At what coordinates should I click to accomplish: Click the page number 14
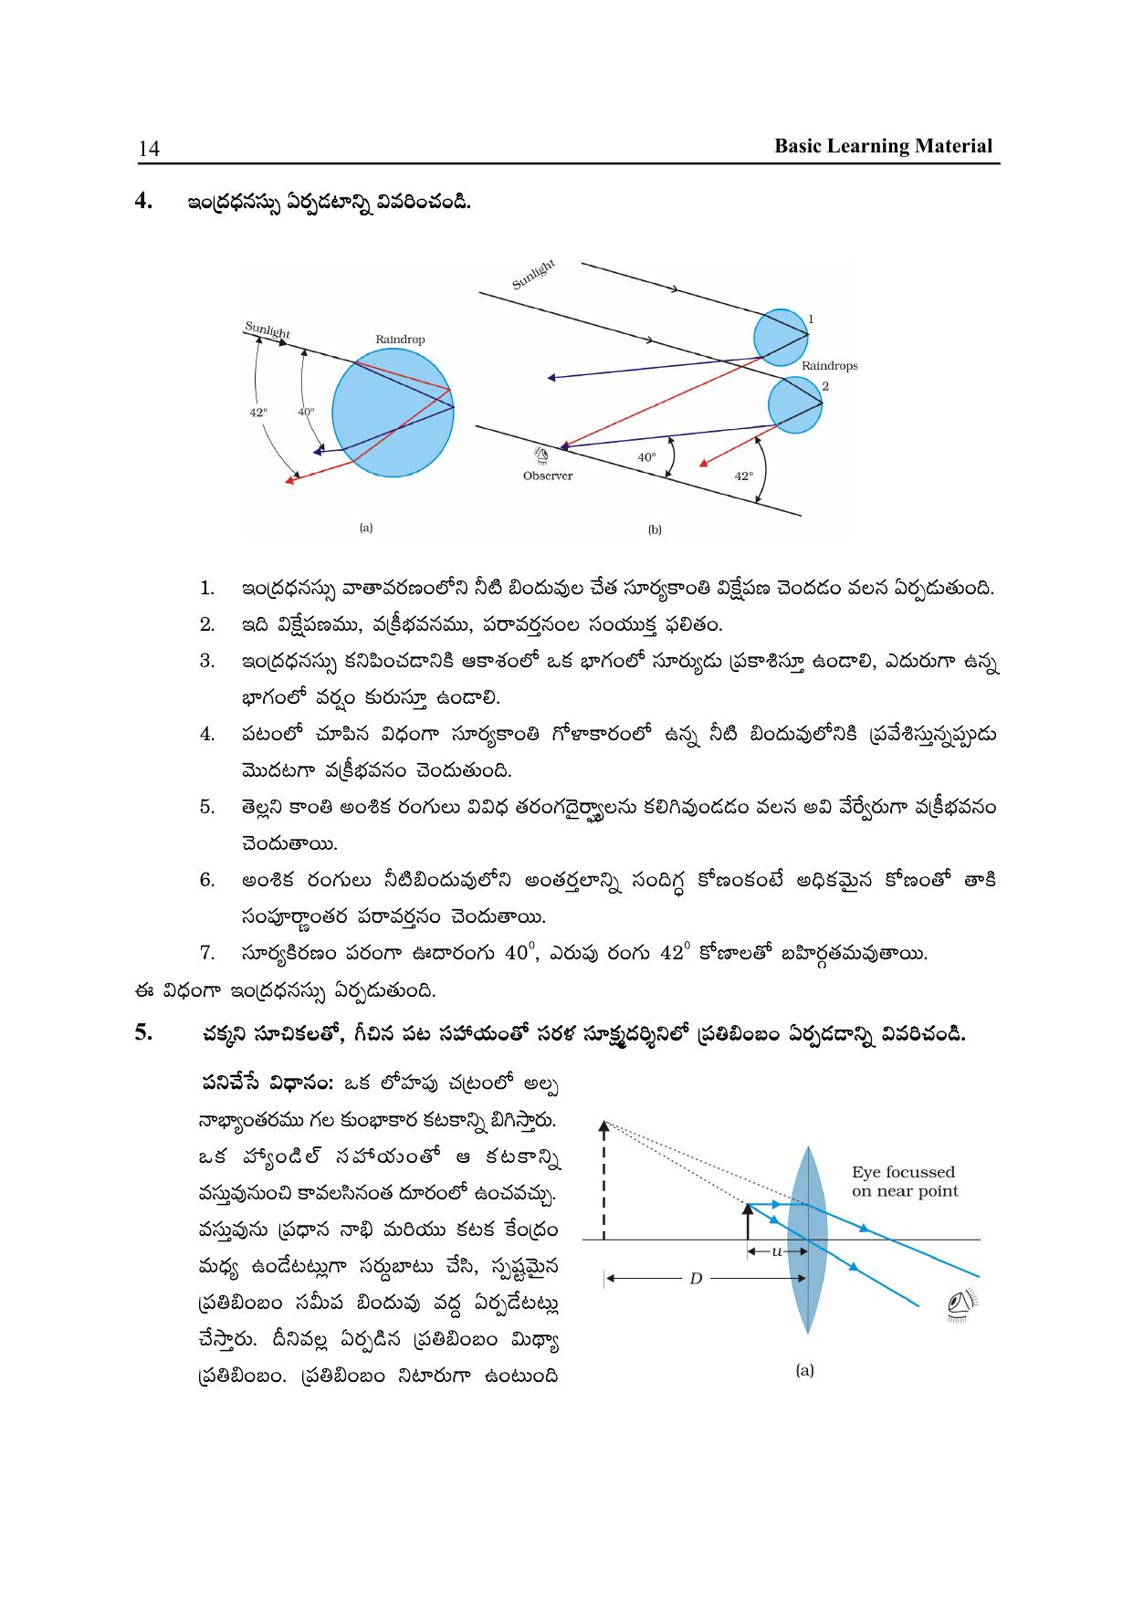click(x=149, y=149)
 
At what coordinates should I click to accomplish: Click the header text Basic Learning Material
click(x=883, y=146)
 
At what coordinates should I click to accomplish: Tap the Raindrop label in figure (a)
click(x=400, y=340)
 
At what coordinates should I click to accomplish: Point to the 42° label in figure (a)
click(x=258, y=413)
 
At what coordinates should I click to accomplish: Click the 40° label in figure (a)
click(x=306, y=412)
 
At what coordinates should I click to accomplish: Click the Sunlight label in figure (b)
click(x=533, y=275)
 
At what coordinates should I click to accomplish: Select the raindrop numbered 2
click(x=793, y=405)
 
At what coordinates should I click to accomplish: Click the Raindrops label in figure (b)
click(x=829, y=366)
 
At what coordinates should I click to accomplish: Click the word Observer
click(x=548, y=476)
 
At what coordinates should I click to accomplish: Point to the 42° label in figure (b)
click(x=744, y=476)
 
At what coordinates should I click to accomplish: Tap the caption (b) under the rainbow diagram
click(x=655, y=529)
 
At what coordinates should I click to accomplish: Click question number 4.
click(x=143, y=201)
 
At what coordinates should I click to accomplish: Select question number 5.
click(x=143, y=1033)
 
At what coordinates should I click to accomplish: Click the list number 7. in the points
click(x=208, y=954)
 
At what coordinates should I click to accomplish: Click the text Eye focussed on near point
click(x=905, y=1181)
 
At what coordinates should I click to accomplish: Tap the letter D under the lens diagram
click(x=696, y=1279)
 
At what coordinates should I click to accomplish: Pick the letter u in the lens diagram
click(x=777, y=1250)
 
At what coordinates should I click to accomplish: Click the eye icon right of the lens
click(x=958, y=1306)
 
